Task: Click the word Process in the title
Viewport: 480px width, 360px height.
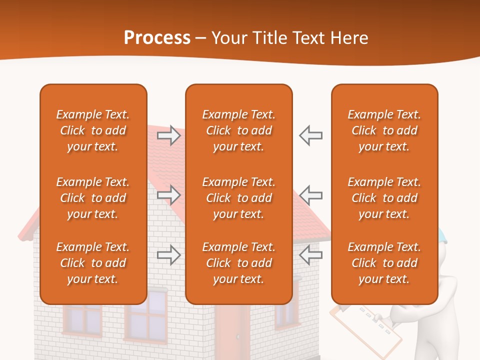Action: (157, 38)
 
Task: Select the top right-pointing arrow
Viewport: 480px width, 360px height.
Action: (168, 135)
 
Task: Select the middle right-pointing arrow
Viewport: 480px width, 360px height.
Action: (168, 195)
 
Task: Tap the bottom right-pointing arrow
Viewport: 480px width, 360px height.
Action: (168, 255)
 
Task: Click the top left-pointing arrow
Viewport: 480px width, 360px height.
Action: (310, 135)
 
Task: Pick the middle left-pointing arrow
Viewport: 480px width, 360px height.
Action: (310, 195)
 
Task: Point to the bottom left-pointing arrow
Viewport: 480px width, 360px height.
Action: (310, 255)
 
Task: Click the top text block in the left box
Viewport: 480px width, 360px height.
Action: (93, 130)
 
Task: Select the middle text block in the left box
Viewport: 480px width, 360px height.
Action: (93, 198)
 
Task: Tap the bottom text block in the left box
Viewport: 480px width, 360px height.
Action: (93, 263)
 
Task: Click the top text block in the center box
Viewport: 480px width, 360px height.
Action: (238, 130)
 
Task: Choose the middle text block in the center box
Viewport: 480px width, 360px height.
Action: (238, 198)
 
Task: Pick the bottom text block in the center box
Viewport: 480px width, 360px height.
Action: (238, 263)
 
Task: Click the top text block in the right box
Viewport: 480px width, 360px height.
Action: (384, 130)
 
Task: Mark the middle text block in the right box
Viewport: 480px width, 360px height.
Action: (384, 198)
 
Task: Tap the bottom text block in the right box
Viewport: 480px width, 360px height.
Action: (384, 263)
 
